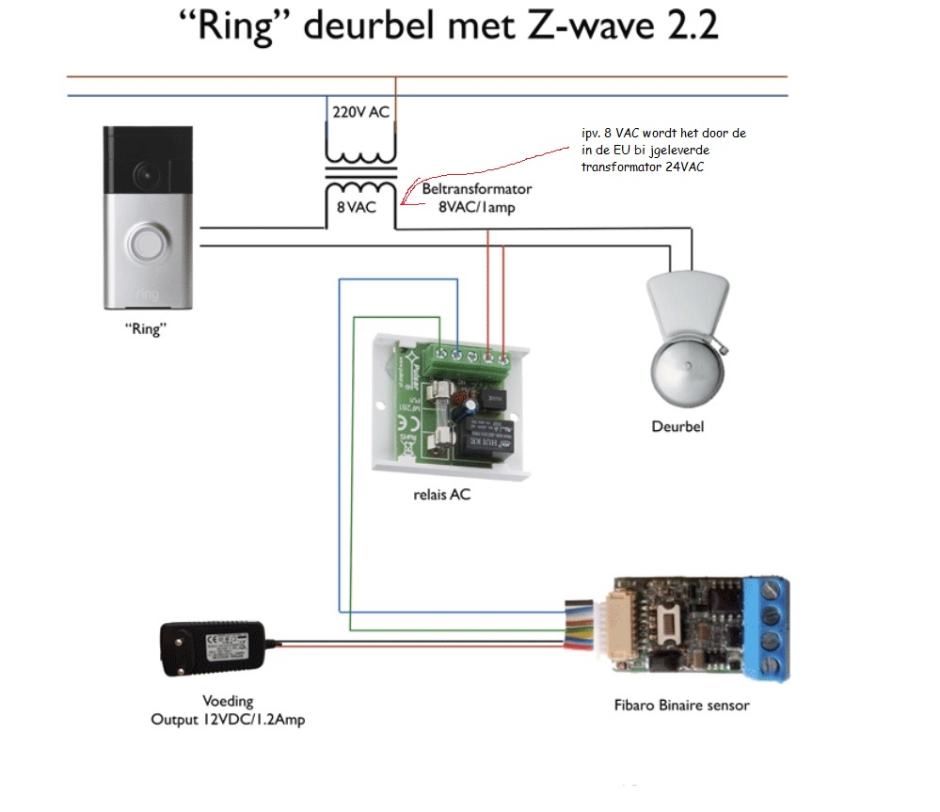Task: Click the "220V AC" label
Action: pyautogui.click(x=361, y=112)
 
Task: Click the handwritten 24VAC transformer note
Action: pyautogui.click(x=663, y=151)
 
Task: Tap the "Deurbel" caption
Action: pyautogui.click(x=677, y=426)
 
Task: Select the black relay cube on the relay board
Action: pyautogui.click(x=486, y=437)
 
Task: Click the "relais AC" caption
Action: pyautogui.click(x=441, y=494)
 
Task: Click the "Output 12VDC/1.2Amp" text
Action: pyautogui.click(x=228, y=720)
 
